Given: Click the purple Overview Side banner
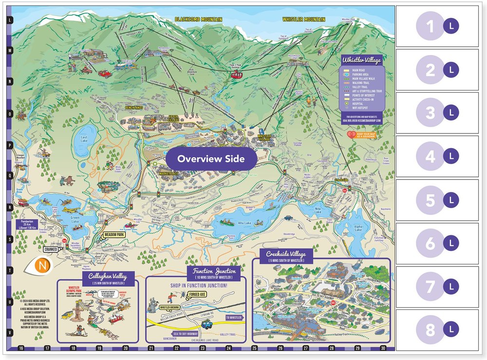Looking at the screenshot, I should (210, 159).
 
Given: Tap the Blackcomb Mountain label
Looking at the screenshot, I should (198, 19).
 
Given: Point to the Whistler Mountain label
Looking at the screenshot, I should (304, 19).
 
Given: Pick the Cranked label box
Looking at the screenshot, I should (50, 249).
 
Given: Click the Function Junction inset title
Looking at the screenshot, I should (214, 271).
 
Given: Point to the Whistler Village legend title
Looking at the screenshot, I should (362, 60).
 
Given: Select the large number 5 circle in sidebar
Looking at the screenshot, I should (430, 200).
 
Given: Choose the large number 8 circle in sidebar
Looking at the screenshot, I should (430, 330).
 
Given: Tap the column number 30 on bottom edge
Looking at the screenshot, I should (383, 348).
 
